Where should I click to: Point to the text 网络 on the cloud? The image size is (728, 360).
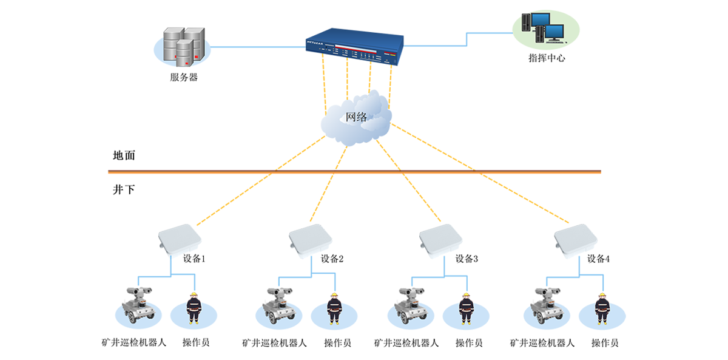pos(356,117)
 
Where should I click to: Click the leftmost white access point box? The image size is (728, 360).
pos(181,242)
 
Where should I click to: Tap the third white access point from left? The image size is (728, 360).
pos(441,242)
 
